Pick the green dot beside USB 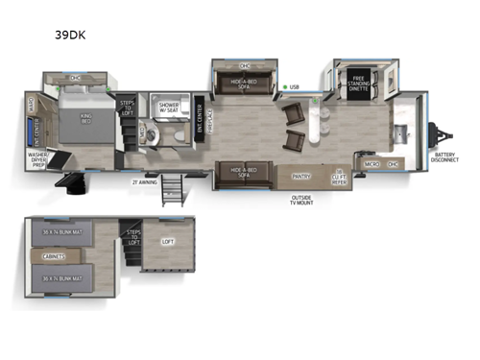click(284, 88)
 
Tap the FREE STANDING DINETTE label click(360, 81)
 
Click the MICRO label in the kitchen click(370, 164)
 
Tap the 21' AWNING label click(145, 179)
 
